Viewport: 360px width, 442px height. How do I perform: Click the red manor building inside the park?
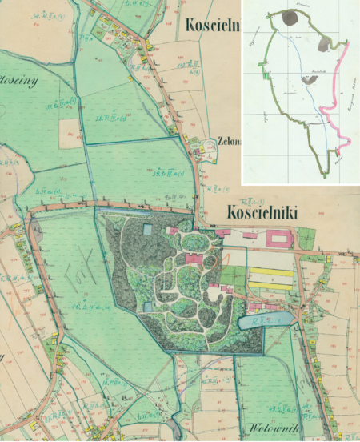pyautogui.click(x=193, y=259)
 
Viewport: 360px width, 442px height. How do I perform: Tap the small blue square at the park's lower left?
pyautogui.click(x=149, y=306)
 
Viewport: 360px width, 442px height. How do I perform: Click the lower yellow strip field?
pyautogui.click(x=272, y=283)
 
